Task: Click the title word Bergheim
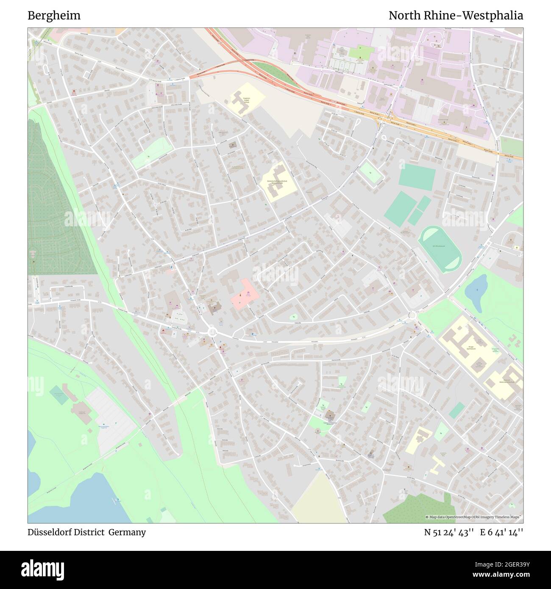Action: (x=54, y=16)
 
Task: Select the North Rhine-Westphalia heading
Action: (x=456, y=16)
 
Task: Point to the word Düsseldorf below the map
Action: (x=47, y=532)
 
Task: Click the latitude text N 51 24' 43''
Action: (x=449, y=532)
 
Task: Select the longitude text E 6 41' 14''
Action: (x=501, y=532)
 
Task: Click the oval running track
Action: (x=440, y=249)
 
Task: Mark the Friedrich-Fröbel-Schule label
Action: (x=242, y=102)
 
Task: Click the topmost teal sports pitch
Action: (x=417, y=175)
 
